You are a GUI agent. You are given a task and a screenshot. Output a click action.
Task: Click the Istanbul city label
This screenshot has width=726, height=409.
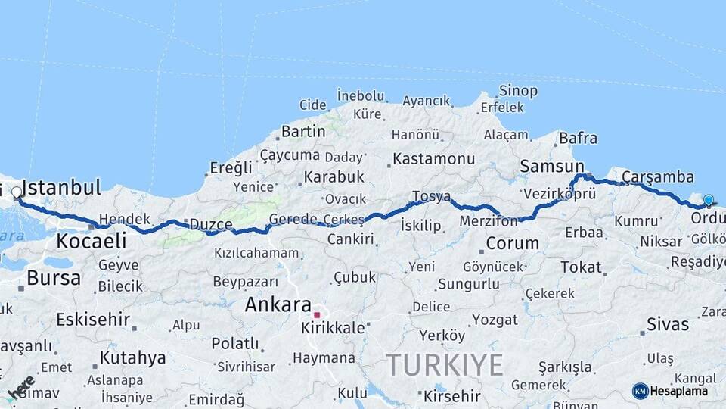(62, 187)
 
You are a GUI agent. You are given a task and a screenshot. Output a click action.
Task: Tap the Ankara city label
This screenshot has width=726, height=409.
(278, 305)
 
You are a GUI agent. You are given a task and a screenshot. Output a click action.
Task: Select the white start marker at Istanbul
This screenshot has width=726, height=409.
(16, 192)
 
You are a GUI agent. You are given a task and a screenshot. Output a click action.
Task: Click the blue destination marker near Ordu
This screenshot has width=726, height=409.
(708, 200)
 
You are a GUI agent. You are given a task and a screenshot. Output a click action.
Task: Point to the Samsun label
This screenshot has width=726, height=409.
(551, 167)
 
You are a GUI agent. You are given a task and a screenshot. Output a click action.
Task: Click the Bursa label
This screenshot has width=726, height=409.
(54, 278)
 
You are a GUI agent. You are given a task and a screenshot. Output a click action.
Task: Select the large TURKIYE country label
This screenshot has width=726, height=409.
(445, 366)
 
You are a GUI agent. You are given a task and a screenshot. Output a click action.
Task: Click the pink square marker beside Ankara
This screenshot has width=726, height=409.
(318, 314)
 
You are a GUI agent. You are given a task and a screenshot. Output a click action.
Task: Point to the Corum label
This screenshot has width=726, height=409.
(512, 244)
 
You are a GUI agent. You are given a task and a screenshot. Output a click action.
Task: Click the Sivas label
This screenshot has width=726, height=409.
(668, 325)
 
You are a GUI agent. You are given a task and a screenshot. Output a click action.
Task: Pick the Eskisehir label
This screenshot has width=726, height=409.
(93, 319)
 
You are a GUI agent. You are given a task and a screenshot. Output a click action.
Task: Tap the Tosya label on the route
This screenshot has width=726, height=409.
(431, 197)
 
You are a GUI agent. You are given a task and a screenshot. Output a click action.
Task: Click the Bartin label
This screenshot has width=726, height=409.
(303, 132)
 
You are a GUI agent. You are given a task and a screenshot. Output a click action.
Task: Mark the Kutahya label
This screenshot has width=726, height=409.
(132, 357)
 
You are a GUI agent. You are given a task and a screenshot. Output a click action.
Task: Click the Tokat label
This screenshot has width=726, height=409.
(581, 267)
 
